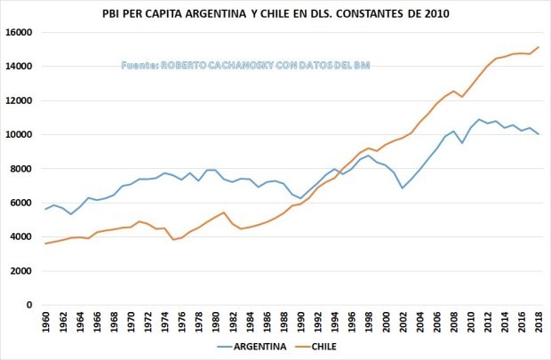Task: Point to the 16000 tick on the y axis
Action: tap(19, 32)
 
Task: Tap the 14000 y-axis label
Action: tap(19, 66)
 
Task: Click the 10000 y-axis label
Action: tap(19, 134)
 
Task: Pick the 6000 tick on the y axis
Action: tap(21, 203)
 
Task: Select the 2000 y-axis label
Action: tap(21, 271)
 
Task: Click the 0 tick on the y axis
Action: tap(29, 305)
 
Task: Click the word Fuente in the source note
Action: tap(140, 66)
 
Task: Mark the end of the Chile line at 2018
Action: tap(539, 47)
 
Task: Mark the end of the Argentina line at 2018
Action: tap(539, 134)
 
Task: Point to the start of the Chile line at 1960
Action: tap(46, 244)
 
